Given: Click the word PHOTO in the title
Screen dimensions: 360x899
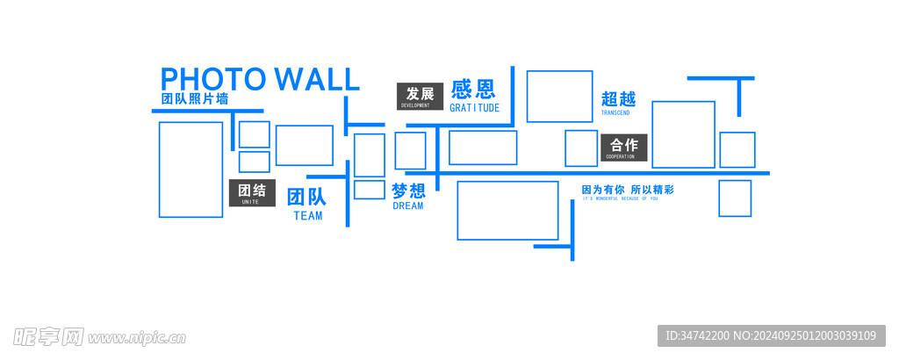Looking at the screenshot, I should click(x=213, y=79).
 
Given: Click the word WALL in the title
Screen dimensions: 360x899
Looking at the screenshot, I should click(x=317, y=79).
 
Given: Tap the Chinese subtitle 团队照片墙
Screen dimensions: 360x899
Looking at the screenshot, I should click(x=195, y=99).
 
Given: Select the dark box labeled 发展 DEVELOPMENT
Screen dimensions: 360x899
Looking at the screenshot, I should click(x=420, y=96).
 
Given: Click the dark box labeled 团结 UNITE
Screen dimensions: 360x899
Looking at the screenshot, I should click(x=252, y=193).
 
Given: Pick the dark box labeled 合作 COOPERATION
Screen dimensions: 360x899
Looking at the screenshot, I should click(x=624, y=148).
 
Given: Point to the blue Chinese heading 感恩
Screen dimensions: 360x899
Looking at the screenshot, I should click(x=473, y=89).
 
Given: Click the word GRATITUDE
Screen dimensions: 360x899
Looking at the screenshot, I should click(x=474, y=108).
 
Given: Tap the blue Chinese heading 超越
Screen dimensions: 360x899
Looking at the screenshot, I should click(x=618, y=99).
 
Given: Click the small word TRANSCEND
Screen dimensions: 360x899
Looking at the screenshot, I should click(x=615, y=113).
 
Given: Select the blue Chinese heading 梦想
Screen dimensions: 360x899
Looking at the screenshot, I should click(x=408, y=191).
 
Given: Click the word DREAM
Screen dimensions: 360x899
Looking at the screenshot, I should click(x=408, y=206).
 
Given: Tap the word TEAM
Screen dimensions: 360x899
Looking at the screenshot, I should click(x=307, y=216).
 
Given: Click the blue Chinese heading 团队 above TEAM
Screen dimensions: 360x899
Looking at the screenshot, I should click(x=306, y=196).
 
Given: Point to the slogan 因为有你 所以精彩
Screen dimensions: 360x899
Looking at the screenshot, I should click(x=628, y=190).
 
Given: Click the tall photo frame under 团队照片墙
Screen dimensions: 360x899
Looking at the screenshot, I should click(x=191, y=169).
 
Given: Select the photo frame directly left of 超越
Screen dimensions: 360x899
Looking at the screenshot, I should click(x=559, y=96).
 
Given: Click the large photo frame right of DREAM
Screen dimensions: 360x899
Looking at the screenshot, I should click(x=507, y=210).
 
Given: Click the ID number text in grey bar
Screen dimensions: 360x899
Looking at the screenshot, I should click(x=771, y=335).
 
